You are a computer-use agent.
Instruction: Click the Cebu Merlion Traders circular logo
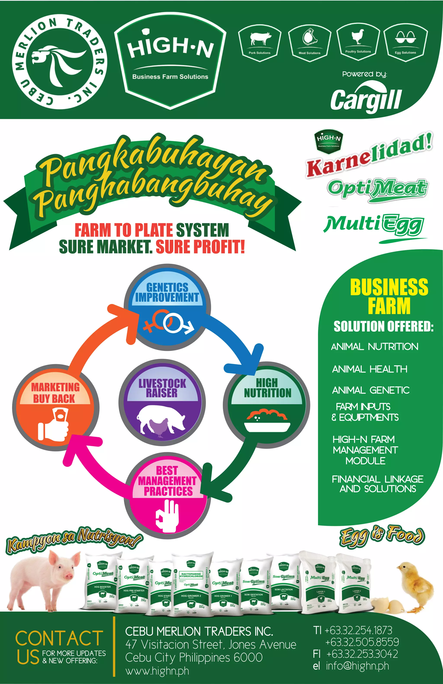60,62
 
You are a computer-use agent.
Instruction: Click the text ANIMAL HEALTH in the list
369,369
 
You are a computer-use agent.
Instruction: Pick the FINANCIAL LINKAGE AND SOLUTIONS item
377,484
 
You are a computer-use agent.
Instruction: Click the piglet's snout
69,576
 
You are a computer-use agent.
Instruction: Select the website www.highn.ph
157,671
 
